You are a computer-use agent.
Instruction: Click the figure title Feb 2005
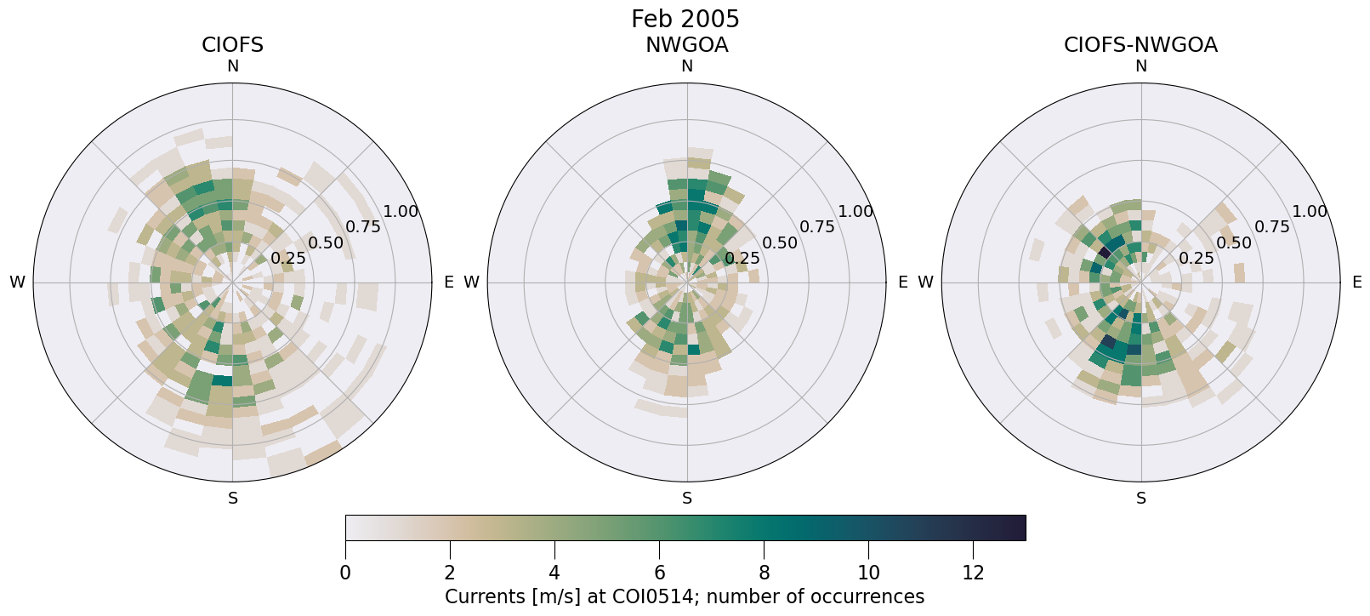[x=685, y=19]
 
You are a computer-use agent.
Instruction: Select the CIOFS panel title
[x=232, y=45]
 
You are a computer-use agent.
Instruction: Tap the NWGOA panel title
[x=686, y=45]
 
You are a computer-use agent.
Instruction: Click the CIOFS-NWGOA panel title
[x=1140, y=45]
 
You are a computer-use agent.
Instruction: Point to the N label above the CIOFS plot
[x=232, y=66]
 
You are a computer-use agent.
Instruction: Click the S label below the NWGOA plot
[x=686, y=499]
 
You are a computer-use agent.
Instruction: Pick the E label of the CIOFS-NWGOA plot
[x=1356, y=282]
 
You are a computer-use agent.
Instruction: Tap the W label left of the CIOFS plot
[x=17, y=282]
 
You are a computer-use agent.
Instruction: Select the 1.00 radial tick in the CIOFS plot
[x=401, y=211]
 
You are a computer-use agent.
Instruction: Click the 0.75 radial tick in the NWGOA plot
[x=817, y=226]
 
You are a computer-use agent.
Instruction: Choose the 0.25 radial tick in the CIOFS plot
[x=288, y=258]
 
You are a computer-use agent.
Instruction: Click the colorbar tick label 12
[x=973, y=573]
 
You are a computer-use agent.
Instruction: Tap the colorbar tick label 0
[x=345, y=573]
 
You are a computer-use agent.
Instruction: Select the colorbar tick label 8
[x=764, y=573]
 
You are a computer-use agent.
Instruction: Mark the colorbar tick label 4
[x=554, y=573]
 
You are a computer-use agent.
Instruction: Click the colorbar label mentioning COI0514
[x=685, y=596]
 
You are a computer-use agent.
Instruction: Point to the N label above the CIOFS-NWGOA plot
[x=1140, y=66]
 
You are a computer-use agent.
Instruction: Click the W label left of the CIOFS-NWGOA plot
[x=925, y=282]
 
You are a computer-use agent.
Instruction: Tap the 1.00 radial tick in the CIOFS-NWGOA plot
[x=1310, y=211]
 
